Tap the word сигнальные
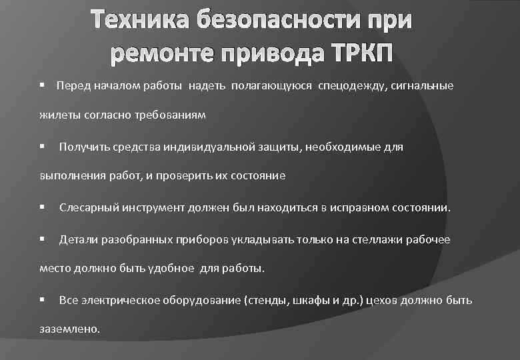421,86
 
